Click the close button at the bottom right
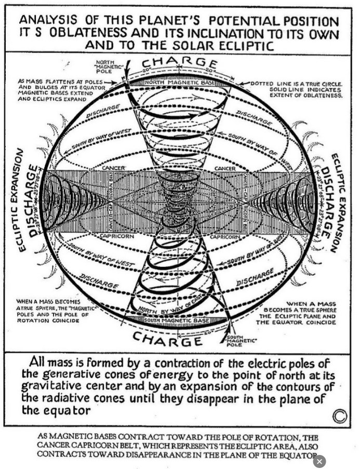click(319, 461)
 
